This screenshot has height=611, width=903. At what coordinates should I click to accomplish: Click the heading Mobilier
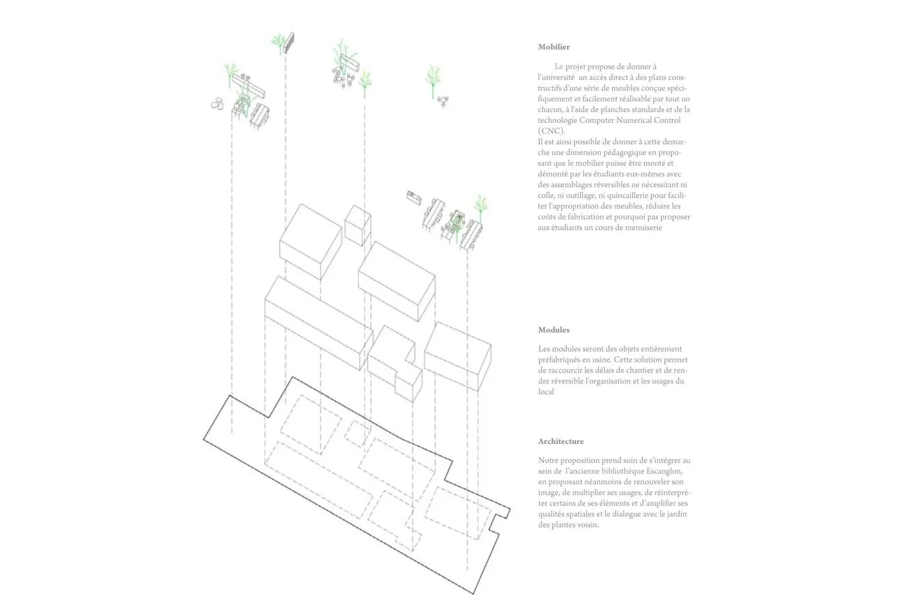[554, 47]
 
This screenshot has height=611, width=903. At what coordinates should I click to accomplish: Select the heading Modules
[554, 330]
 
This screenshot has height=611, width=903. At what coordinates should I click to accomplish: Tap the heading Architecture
[561, 441]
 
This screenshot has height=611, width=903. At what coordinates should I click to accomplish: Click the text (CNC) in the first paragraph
[552, 131]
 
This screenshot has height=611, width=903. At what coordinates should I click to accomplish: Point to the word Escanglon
[664, 471]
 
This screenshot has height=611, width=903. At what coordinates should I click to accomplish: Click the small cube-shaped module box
[358, 225]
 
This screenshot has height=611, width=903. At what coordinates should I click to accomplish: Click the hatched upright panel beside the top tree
[289, 43]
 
